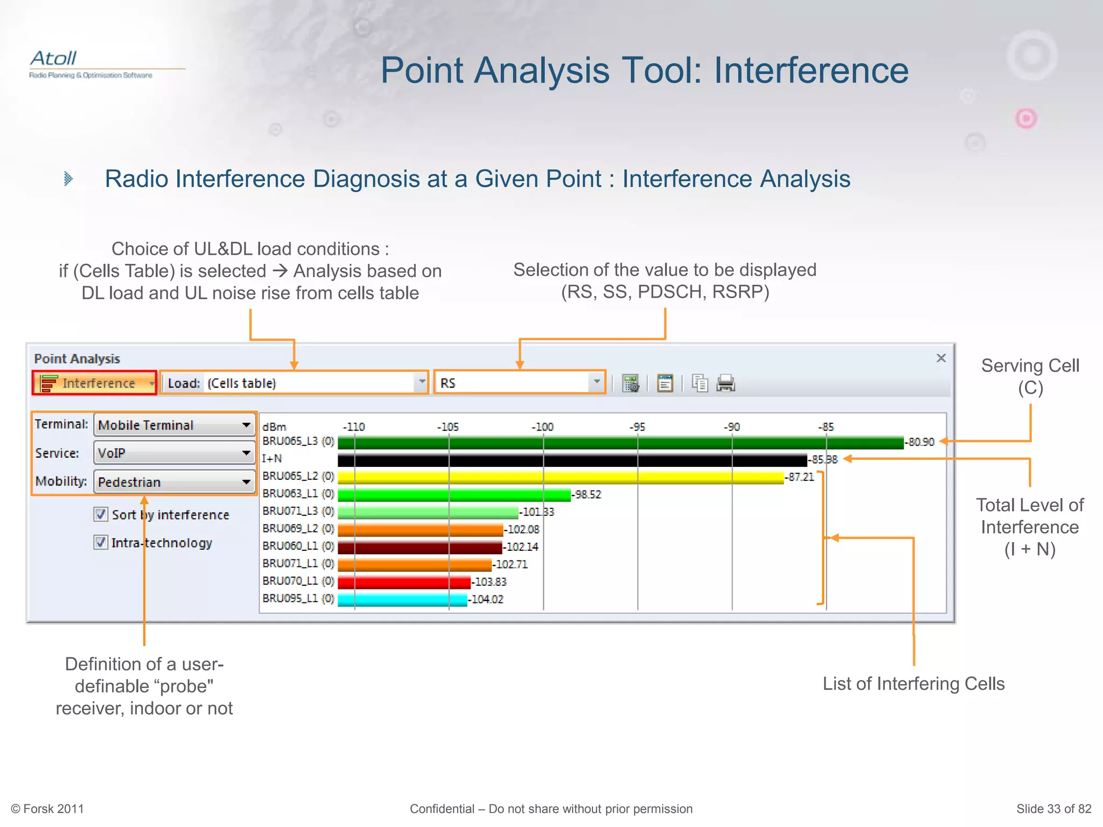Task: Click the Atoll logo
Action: click(x=54, y=59)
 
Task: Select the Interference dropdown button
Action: click(x=95, y=383)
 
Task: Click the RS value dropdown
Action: click(x=520, y=383)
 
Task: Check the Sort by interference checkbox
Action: click(x=101, y=515)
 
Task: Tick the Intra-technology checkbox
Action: click(x=101, y=542)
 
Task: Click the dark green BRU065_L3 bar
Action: click(x=619, y=443)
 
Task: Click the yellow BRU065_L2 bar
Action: click(x=560, y=478)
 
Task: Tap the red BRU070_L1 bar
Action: click(x=404, y=582)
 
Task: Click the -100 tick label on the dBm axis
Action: click(x=542, y=427)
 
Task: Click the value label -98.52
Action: click(x=587, y=495)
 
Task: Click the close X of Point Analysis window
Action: click(x=941, y=358)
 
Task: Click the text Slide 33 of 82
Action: click(x=1053, y=809)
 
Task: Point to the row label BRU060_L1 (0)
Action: click(x=298, y=546)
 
